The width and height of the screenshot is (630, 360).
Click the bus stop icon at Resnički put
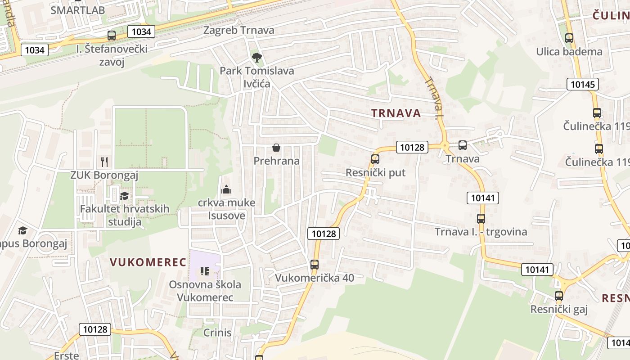[x=375, y=159]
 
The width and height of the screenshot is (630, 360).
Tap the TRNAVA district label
[x=396, y=113]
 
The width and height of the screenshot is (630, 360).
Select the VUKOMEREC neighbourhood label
[x=148, y=262]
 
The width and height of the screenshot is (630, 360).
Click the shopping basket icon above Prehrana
[x=276, y=148]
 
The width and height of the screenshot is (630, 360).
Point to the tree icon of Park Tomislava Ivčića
[x=256, y=57]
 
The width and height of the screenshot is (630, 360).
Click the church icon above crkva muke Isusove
[x=226, y=189]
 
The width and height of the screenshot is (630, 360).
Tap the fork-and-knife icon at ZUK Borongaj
[x=104, y=162]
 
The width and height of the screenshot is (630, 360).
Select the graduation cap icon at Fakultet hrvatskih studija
[x=124, y=196]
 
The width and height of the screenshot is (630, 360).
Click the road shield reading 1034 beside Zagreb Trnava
[x=141, y=31]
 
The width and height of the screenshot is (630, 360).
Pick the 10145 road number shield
[x=582, y=84]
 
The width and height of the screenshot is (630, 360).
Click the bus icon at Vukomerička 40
[x=315, y=265]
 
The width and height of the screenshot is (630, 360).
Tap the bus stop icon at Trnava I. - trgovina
[x=481, y=219]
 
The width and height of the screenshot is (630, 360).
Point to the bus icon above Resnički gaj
[x=559, y=296]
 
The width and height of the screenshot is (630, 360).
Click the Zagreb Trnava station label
[x=238, y=30]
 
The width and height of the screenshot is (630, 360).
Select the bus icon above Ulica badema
[x=569, y=38]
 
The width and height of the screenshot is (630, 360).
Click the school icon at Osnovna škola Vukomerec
[x=205, y=271]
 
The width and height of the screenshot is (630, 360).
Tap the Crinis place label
[x=217, y=333]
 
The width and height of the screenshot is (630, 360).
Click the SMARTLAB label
[x=77, y=10]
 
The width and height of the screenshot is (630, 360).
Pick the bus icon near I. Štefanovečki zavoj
[x=112, y=36]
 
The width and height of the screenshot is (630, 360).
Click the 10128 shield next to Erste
[x=95, y=329]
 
